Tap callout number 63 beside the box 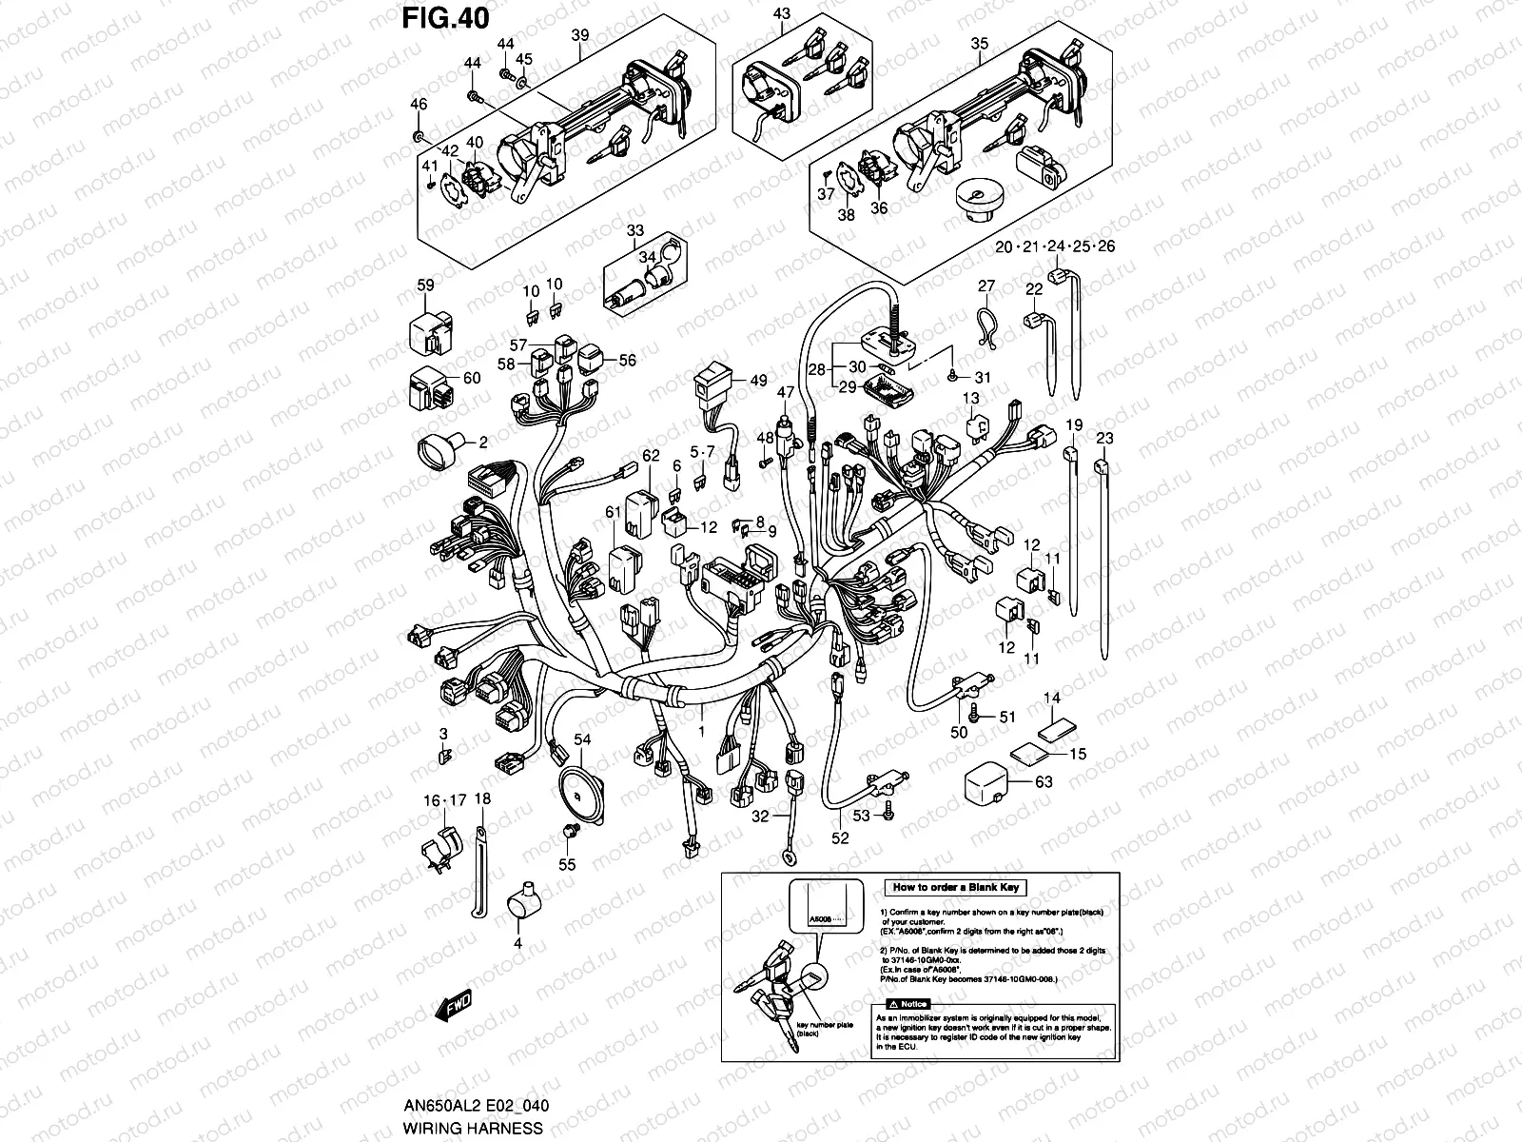1044,783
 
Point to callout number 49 758,381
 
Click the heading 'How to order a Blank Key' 955,887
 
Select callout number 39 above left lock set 579,35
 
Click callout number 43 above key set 782,13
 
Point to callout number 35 979,43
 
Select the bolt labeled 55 570,833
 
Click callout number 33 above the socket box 634,231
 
